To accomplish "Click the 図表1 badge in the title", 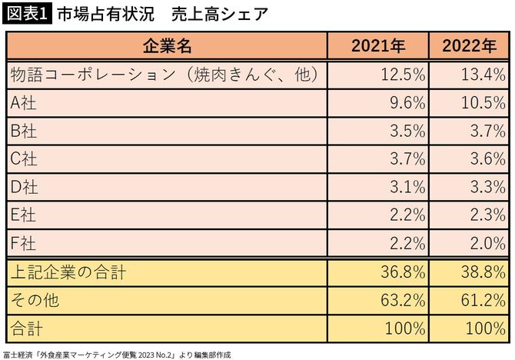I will tap(27, 14).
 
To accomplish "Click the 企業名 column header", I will tap(167, 45).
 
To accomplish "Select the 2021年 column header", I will tap(378, 45).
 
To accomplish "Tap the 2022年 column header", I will tap(469, 45).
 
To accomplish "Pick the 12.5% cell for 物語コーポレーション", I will tap(404, 75).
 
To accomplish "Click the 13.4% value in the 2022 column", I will tap(483, 75).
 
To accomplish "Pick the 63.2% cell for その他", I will tap(404, 299).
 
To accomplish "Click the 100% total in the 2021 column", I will tap(405, 328).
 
